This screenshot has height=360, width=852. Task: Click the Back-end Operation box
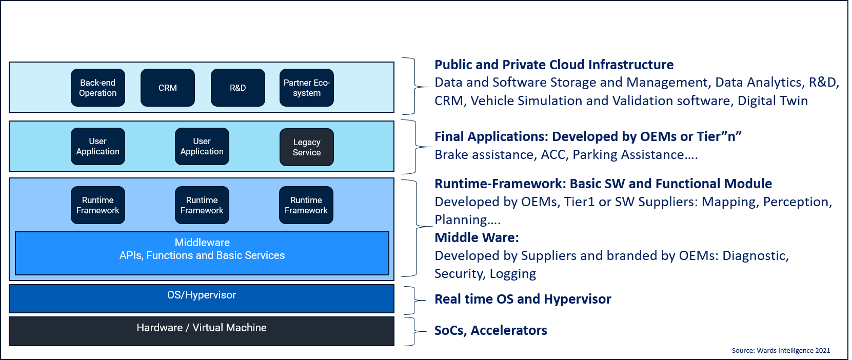coord(97,88)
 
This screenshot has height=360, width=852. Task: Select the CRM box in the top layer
coord(168,88)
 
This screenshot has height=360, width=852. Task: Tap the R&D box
coord(237,88)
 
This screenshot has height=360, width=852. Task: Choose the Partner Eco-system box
coord(307,88)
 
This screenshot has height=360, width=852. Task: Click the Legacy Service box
coord(307,147)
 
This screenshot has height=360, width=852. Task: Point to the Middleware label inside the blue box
coord(202,243)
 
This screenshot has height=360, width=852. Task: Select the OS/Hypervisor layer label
coord(202,295)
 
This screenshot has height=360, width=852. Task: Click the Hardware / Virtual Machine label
coord(202,328)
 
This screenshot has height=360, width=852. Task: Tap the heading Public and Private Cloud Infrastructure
coord(554,65)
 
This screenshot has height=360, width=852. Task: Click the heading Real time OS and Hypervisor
coord(523,299)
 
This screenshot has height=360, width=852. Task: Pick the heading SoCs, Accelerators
coord(491,330)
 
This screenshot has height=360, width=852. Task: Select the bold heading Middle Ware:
coord(477,237)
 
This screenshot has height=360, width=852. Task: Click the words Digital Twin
coord(772,101)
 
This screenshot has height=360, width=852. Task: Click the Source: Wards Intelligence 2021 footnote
coord(781,351)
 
